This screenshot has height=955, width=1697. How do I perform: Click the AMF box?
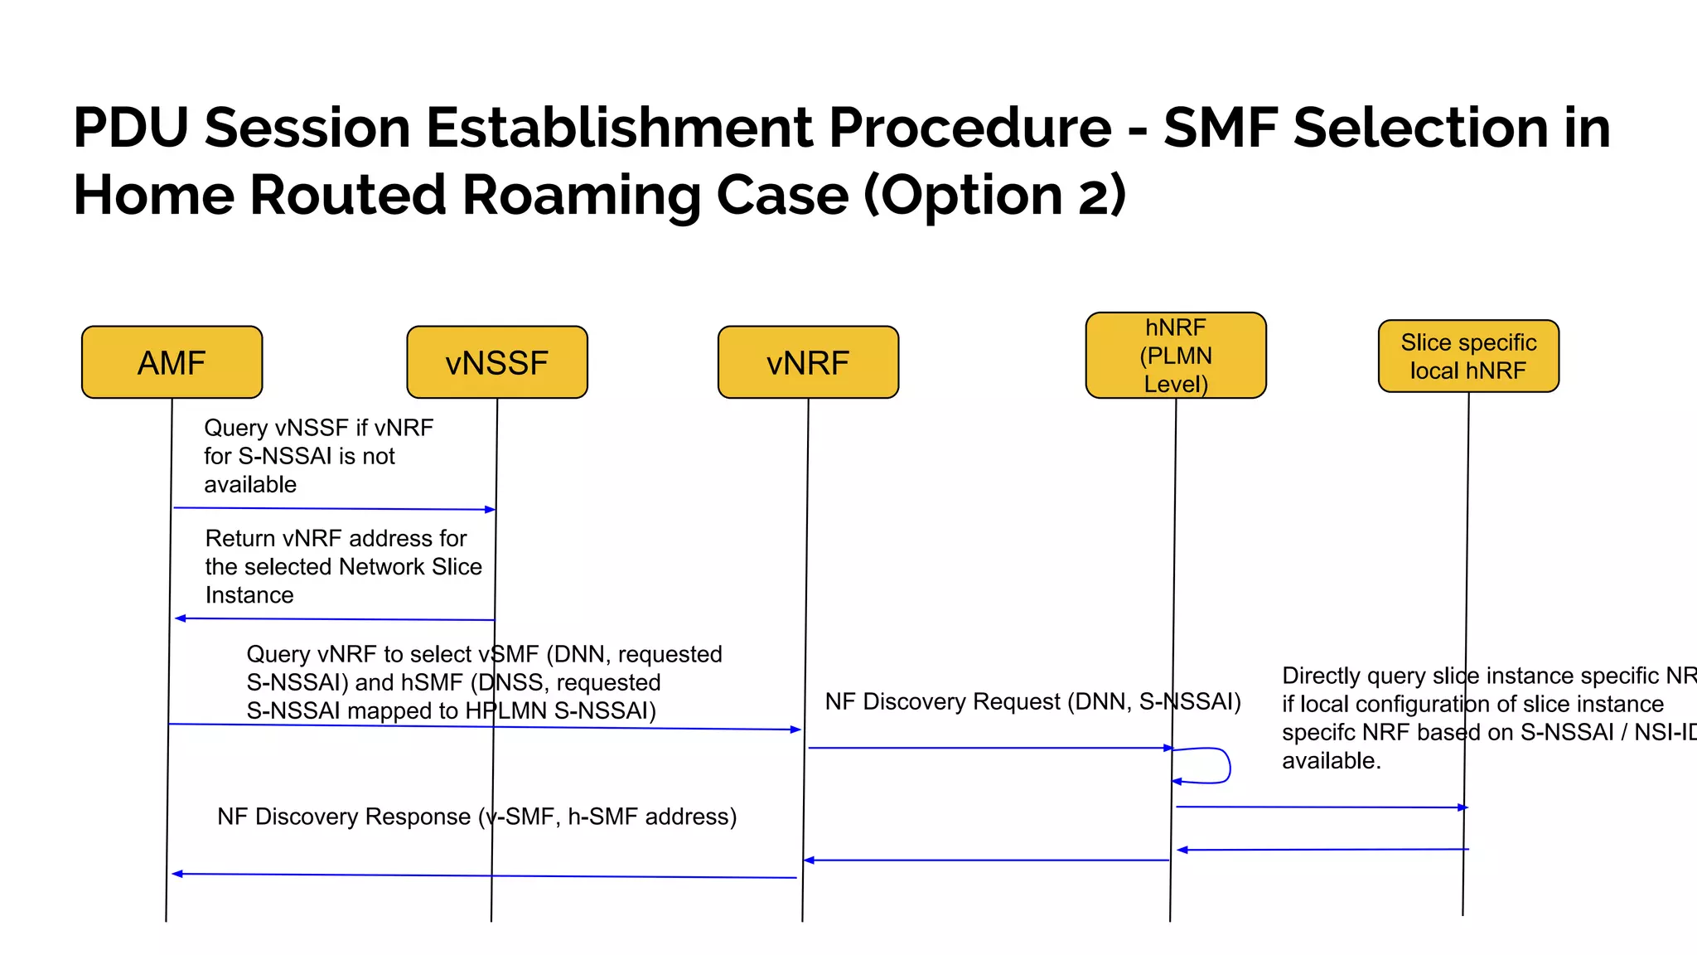tap(172, 362)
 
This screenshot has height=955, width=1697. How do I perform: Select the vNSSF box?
tap(497, 362)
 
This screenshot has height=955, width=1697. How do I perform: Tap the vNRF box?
tap(808, 362)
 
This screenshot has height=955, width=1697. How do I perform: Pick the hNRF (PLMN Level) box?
tap(1176, 356)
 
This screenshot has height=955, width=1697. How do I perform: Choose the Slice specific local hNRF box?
tap(1468, 356)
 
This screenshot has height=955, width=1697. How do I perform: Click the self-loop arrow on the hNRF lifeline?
tap(1227, 765)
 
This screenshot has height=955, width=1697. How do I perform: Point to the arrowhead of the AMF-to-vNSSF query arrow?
tap(491, 509)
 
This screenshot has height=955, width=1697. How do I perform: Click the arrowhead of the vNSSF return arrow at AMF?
tap(180, 618)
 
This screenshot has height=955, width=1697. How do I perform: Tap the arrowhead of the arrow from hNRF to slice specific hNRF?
tap(1463, 807)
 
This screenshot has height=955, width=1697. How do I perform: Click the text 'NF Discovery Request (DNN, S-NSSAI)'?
tap(1032, 702)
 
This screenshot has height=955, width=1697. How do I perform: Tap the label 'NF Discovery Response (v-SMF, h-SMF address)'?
tap(476, 817)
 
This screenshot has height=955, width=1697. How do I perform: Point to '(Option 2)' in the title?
tap(994, 196)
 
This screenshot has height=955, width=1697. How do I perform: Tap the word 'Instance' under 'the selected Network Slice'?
tap(249, 595)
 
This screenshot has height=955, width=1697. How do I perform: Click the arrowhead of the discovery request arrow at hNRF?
tap(1168, 749)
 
